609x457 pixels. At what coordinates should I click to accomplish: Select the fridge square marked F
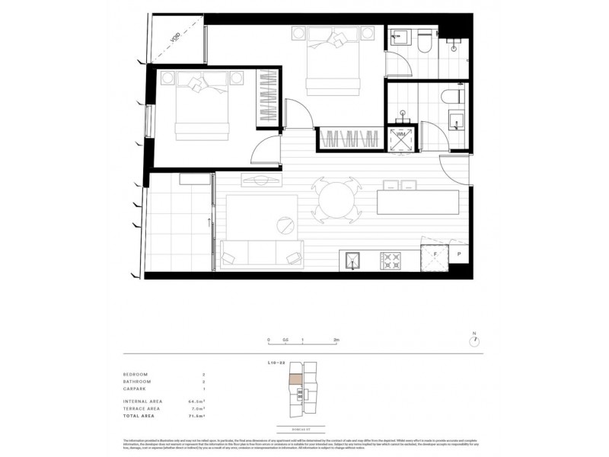click(433, 255)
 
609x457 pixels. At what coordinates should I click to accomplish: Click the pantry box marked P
click(459, 255)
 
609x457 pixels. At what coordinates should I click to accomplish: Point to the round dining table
click(336, 201)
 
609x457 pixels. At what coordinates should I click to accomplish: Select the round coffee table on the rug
click(286, 226)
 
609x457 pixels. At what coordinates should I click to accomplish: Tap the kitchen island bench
click(418, 203)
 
